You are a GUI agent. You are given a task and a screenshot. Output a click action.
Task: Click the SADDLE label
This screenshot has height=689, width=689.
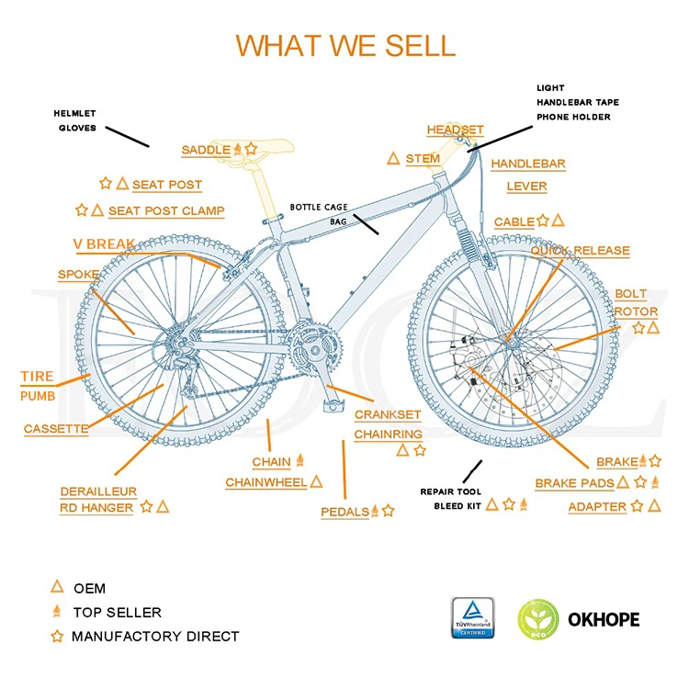(206, 150)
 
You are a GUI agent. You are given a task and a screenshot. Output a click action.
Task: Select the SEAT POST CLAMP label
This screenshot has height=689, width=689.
(166, 211)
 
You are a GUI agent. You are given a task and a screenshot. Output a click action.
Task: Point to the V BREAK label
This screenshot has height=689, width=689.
(104, 244)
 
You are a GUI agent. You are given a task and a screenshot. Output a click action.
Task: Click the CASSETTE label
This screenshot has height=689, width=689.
(56, 429)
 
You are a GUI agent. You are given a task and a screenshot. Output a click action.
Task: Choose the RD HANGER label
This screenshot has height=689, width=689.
(96, 508)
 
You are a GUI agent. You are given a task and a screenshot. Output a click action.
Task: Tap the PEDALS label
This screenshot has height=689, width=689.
(344, 512)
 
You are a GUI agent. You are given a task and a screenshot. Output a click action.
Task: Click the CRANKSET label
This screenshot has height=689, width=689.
(388, 415)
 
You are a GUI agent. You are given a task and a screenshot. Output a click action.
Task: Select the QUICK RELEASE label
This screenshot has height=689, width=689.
(580, 251)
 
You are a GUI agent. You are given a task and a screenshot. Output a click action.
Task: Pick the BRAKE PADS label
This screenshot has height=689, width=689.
(575, 483)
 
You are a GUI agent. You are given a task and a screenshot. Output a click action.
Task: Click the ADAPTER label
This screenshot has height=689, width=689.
(597, 507)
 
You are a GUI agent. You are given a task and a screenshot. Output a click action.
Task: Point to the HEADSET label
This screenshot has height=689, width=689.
(455, 130)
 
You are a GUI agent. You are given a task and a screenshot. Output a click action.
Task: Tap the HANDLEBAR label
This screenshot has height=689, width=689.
(527, 164)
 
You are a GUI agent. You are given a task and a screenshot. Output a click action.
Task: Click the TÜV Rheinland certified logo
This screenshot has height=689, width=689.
(472, 618)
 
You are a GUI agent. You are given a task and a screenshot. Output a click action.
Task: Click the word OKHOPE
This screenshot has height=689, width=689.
(603, 619)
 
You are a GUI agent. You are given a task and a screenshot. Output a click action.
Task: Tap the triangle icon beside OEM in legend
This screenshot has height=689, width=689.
(57, 587)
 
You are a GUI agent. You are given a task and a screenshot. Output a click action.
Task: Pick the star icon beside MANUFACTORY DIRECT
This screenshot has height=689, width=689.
(57, 636)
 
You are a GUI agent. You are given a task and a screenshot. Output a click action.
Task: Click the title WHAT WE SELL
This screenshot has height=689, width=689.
(344, 45)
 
